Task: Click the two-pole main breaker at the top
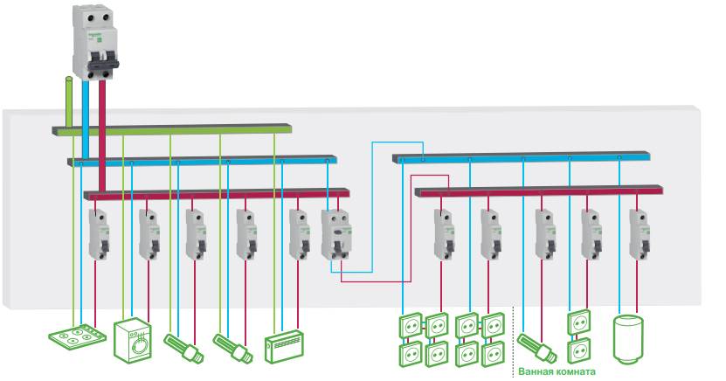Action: tap(93, 43)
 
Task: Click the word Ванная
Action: tap(538, 370)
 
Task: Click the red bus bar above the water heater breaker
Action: tap(612, 189)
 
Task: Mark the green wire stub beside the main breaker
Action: tap(68, 100)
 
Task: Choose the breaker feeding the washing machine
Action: tap(149, 233)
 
